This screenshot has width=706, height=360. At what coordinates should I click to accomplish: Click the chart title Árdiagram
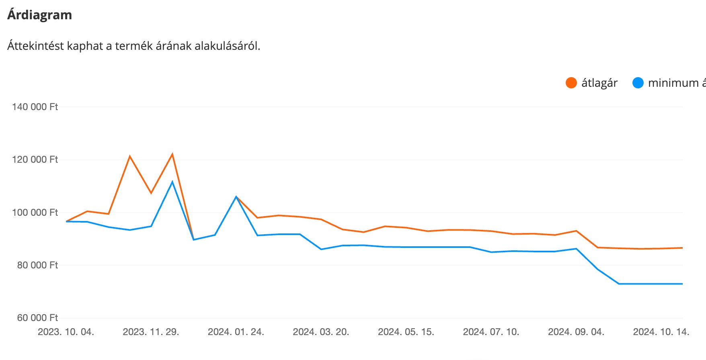point(39,15)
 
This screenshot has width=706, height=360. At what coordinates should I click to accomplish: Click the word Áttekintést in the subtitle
point(35,46)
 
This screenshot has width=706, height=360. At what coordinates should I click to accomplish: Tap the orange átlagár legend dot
point(571,83)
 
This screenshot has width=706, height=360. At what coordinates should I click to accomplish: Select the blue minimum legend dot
point(638,83)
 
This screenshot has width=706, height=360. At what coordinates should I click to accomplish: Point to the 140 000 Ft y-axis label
point(35,107)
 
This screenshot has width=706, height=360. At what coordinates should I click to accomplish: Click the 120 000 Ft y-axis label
point(35,160)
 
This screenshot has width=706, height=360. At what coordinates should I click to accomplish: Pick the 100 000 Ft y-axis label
point(35,213)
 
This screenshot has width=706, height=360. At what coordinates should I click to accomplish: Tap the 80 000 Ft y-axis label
point(37,265)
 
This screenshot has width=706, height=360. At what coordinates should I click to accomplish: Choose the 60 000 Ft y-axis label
point(37,318)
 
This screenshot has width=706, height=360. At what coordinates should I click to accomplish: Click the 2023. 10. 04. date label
point(66,332)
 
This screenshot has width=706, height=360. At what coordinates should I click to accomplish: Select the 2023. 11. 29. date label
point(151,332)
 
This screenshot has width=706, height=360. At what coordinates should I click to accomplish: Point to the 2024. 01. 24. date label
point(236,332)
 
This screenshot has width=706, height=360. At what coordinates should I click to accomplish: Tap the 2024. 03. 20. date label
point(321,332)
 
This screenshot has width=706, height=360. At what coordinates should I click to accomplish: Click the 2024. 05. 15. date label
point(406,332)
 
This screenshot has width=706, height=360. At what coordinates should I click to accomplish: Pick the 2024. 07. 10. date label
point(491,332)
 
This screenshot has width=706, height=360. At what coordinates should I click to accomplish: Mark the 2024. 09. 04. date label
point(576,332)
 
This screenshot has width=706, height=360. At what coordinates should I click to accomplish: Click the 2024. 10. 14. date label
point(661,332)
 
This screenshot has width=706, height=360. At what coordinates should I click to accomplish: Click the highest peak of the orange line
point(172,154)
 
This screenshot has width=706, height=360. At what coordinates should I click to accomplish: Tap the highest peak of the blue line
point(172,182)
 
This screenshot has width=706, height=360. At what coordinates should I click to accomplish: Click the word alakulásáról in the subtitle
point(227,46)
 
